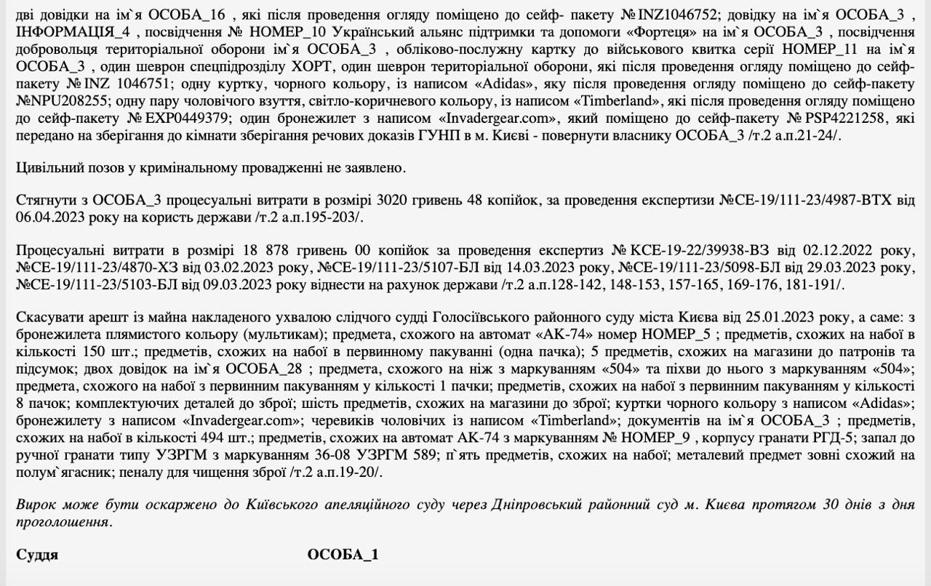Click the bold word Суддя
[x=37, y=555]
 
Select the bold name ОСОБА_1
[x=343, y=555]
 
